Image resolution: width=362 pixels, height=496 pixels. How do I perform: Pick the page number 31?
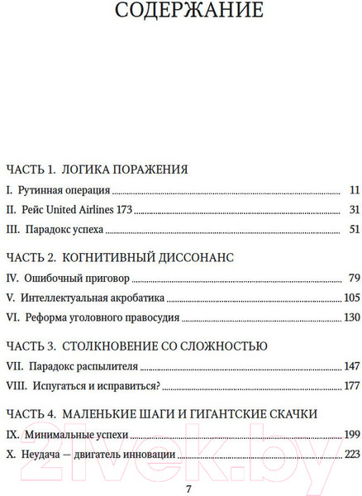(x=355, y=210)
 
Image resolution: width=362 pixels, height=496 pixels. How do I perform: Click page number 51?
(x=355, y=230)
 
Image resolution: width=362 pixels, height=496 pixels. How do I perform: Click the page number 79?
(x=355, y=278)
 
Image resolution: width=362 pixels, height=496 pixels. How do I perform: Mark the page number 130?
(x=352, y=317)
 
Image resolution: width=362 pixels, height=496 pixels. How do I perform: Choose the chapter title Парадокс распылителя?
(x=87, y=365)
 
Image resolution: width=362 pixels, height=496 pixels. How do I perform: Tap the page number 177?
(x=352, y=385)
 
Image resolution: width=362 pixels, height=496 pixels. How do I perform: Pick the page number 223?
(x=352, y=453)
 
